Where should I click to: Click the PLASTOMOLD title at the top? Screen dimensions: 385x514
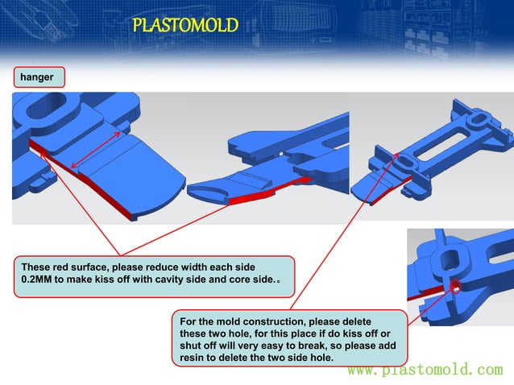point(185,26)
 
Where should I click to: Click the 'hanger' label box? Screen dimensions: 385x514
point(38,77)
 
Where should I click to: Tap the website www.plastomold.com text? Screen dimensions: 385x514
point(425,370)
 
